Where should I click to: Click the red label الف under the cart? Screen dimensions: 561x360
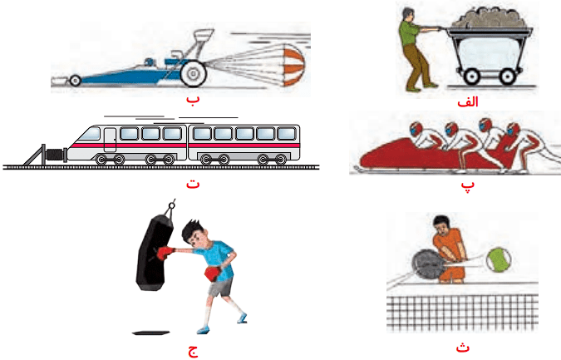pyautogui.click(x=468, y=102)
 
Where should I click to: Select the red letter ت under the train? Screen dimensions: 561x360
pyautogui.click(x=193, y=184)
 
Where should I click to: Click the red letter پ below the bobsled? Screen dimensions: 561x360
pyautogui.click(x=468, y=185)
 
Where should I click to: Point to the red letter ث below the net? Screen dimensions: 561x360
pyautogui.click(x=463, y=347)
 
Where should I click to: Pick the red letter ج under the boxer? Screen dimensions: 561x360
pyautogui.click(x=193, y=351)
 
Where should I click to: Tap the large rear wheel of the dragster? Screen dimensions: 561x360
pyautogui.click(x=194, y=73)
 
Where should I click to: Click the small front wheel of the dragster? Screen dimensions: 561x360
pyautogui.click(x=75, y=81)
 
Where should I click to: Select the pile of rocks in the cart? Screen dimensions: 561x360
pyautogui.click(x=490, y=18)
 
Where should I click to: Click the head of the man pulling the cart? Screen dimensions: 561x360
pyautogui.click(x=407, y=15)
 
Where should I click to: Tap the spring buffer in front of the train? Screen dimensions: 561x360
pyautogui.click(x=57, y=155)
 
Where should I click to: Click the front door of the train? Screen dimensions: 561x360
pyautogui.click(x=110, y=140)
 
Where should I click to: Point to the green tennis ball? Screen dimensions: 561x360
pyautogui.click(x=499, y=259)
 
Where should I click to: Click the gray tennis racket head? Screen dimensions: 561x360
pyautogui.click(x=429, y=264)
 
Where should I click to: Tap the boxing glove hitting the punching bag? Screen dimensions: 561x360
pyautogui.click(x=165, y=253)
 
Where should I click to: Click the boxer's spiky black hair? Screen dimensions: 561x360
pyautogui.click(x=190, y=229)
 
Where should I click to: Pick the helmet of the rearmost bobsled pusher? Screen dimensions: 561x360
pyautogui.click(x=514, y=129)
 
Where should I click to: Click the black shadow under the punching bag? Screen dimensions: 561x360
pyautogui.click(x=150, y=333)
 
